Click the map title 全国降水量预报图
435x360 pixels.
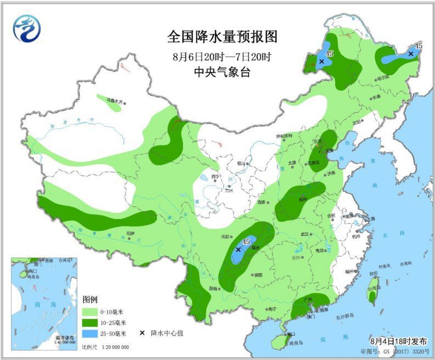(222, 37)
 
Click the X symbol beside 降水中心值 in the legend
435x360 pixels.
(142, 333)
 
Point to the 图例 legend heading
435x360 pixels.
(90, 300)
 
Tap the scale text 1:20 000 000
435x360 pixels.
(112, 347)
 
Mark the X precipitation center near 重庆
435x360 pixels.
(238, 249)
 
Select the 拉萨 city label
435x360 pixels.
(130, 233)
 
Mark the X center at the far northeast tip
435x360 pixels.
(410, 54)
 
